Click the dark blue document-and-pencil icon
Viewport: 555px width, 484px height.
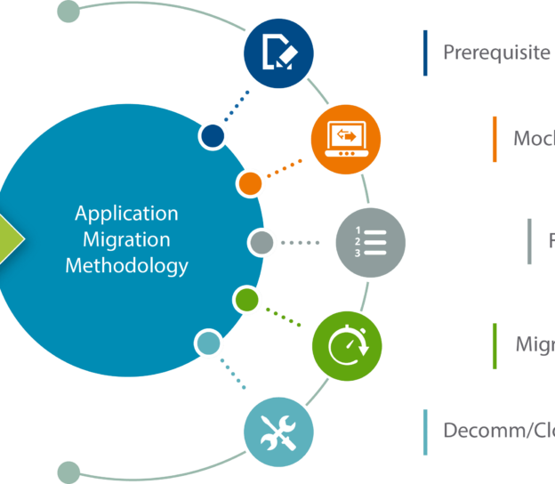278,53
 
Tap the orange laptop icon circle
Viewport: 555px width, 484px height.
346,140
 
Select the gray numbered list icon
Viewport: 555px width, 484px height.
371,242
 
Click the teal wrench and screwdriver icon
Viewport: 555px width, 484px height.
278,432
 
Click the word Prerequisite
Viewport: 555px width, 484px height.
496,52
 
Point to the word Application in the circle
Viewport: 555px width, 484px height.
126,214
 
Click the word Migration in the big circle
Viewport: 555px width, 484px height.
126,239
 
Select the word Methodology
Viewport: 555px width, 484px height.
126,265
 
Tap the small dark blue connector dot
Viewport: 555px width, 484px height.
213,135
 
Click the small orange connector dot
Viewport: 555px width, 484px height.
251,183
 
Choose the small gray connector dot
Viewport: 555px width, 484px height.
261,242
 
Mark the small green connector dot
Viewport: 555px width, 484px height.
246,300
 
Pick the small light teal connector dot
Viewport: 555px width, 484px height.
208,343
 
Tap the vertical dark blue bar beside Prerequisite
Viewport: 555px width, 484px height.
425,52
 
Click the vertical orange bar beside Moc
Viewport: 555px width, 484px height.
495,139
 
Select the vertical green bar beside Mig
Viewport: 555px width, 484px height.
495,345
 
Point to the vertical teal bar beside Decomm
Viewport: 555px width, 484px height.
425,432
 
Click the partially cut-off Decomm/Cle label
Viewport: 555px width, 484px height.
498,432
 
